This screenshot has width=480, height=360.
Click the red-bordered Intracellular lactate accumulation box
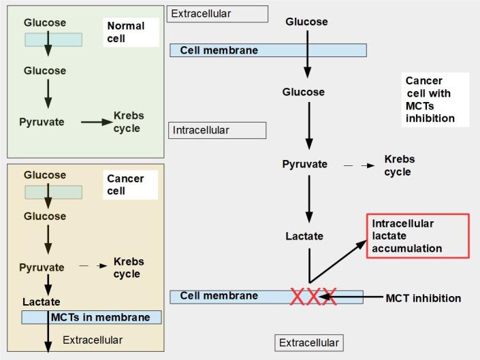419,236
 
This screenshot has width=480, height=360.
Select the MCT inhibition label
423,298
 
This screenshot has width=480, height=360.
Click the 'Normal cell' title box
132,32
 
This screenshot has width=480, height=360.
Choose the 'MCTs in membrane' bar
91,317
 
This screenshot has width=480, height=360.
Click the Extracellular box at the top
218,14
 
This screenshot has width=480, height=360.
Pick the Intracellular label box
217,130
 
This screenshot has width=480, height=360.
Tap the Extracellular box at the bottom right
308,342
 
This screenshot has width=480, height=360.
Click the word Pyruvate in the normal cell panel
42,122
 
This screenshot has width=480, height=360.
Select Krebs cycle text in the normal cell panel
129,122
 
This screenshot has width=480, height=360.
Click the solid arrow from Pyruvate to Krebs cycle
96,122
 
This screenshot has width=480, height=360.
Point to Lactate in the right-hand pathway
304,236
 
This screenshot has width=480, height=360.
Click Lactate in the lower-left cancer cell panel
41,301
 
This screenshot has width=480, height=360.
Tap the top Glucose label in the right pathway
306,22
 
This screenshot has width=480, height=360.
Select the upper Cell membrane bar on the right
268,50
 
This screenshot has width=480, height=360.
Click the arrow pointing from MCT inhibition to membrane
358,297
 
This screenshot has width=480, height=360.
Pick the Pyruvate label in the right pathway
304,164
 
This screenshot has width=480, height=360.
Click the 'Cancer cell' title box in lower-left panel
132,185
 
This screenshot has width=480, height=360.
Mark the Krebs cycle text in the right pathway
399,165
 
